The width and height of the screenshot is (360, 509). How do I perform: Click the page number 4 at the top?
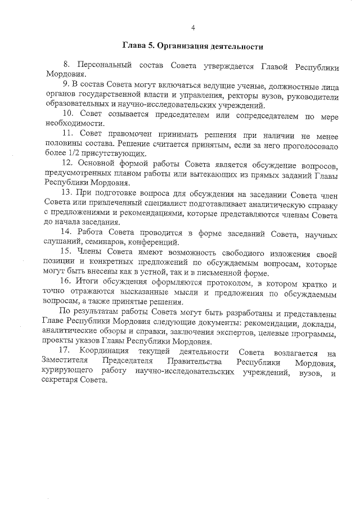click(x=193, y=28)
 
